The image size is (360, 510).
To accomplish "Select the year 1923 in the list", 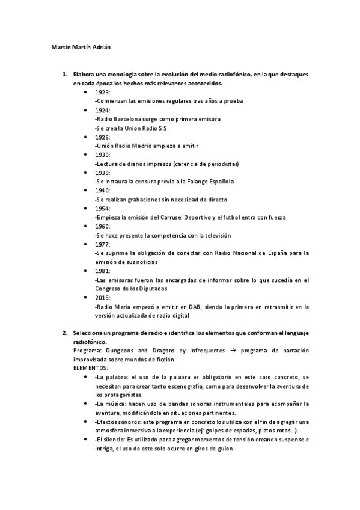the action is coord(102,93).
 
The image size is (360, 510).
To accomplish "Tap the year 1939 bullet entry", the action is coord(102,173).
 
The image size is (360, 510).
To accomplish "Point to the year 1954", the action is coord(102,208).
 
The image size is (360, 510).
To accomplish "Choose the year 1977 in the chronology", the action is coord(102,244).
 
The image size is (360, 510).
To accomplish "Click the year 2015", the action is coord(102,297).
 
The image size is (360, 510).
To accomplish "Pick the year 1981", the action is coord(102,271).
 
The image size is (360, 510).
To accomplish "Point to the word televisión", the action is coord(213,235).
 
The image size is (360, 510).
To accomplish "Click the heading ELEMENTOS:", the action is coord(91,367).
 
